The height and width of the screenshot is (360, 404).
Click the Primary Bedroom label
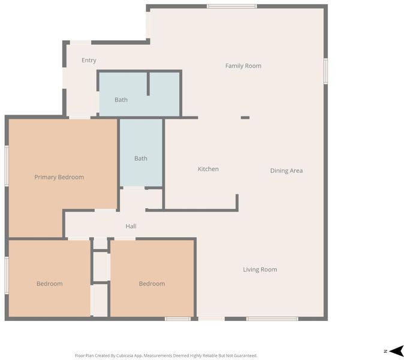(59, 177)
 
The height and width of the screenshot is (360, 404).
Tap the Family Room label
(243, 66)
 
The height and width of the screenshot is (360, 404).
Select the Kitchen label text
(208, 169)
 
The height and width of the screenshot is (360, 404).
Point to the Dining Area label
(287, 171)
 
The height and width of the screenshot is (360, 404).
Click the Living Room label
(260, 269)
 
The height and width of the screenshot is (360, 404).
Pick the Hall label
(131, 226)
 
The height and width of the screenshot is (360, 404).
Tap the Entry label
(89, 61)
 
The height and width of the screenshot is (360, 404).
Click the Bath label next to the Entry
(121, 100)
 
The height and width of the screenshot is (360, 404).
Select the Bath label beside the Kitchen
(141, 158)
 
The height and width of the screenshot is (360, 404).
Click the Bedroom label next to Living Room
(152, 284)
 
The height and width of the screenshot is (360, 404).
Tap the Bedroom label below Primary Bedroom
(50, 284)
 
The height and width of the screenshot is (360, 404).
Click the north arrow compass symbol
(396, 351)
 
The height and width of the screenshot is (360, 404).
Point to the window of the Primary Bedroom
(7, 166)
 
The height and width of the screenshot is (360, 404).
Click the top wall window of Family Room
(231, 7)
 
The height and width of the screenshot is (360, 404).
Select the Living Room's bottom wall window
(272, 319)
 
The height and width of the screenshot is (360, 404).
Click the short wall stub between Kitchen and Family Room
(245, 118)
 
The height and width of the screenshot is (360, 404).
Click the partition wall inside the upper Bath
(148, 84)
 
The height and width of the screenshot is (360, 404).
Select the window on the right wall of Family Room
(325, 71)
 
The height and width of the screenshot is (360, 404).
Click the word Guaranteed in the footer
(246, 356)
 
